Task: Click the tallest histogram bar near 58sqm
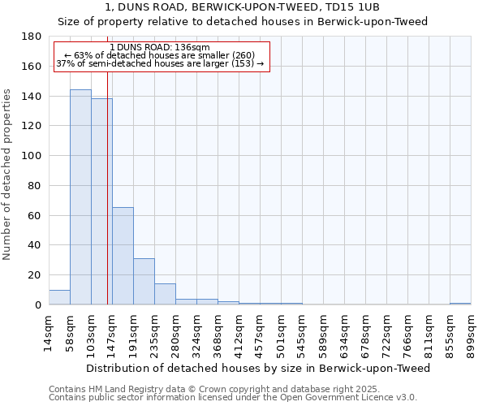pos(80,197)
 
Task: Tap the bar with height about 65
pos(123,256)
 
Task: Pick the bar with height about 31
pos(144,281)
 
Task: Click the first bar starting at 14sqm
pos(59,297)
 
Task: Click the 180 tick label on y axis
pos(32,37)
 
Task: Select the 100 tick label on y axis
pos(32,156)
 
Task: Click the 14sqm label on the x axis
pos(49,331)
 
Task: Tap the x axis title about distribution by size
pos(257,368)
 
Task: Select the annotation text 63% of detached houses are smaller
pos(159,55)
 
